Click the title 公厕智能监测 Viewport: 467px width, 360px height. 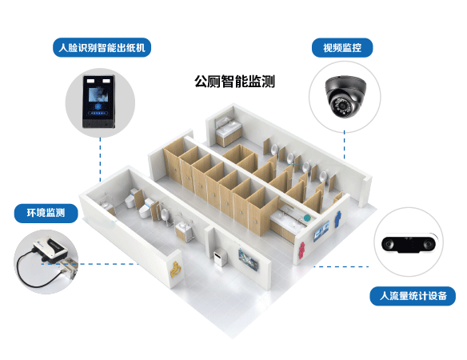pyautogui.click(x=234, y=81)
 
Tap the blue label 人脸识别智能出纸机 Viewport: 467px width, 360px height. pyautogui.click(x=102, y=47)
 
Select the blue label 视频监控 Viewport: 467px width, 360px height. pyautogui.click(x=342, y=48)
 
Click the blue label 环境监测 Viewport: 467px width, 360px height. pyautogui.click(x=46, y=213)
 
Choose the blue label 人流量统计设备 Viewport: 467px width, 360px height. pyautogui.click(x=413, y=296)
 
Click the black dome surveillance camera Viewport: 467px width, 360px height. pyautogui.click(x=345, y=96)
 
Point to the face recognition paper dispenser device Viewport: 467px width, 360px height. pyautogui.click(x=99, y=102)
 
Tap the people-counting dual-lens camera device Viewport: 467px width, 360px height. pyautogui.click(x=409, y=243)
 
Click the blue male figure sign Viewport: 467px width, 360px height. pyautogui.click(x=337, y=219)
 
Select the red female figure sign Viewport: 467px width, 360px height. pyautogui.click(x=302, y=250)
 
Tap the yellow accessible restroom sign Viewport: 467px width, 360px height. pyautogui.click(x=175, y=269)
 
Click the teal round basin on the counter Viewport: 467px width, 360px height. pyautogui.click(x=307, y=218)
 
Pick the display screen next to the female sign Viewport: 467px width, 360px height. pyautogui.click(x=321, y=230)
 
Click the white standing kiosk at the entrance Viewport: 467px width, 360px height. pyautogui.click(x=220, y=258)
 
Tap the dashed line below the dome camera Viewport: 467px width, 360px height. pyautogui.click(x=345, y=146)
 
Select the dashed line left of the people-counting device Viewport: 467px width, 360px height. pyautogui.click(x=341, y=266)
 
